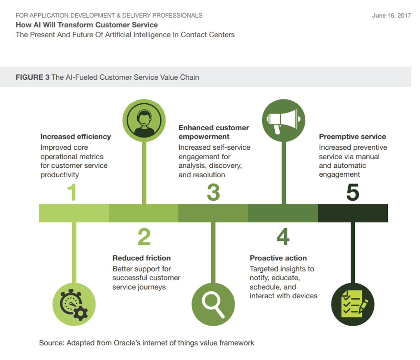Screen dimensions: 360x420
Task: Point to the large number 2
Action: (144, 237)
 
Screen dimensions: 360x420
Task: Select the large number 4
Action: (283, 237)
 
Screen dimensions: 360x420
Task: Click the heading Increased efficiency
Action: (75, 137)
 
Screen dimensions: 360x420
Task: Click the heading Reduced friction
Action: (141, 258)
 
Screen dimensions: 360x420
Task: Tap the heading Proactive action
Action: (278, 258)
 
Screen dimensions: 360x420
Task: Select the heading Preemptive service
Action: (352, 137)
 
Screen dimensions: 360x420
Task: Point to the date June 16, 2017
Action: (391, 16)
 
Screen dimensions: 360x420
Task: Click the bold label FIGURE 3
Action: (32, 77)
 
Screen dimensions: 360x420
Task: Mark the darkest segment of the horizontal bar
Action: (353, 213)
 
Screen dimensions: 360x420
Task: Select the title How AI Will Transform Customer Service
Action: (87, 25)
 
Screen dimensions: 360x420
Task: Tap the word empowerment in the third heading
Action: (204, 137)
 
